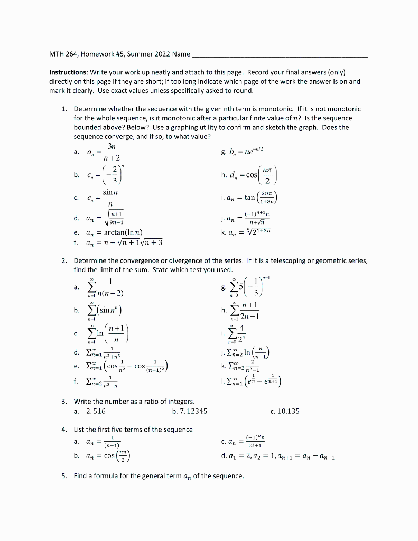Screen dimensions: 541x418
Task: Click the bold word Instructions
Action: pos(68,72)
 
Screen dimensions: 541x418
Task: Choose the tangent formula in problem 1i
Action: pos(257,198)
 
